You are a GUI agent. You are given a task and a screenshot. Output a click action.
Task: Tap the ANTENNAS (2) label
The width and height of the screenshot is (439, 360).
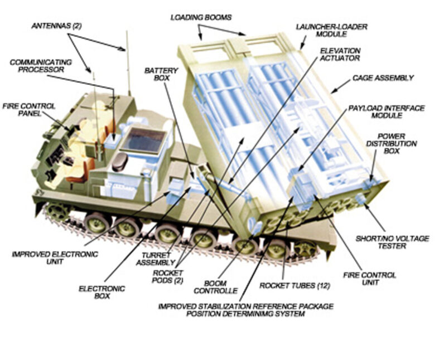pos(55,26)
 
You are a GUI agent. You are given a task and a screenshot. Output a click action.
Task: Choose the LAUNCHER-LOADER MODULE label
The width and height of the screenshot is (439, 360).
pos(327,30)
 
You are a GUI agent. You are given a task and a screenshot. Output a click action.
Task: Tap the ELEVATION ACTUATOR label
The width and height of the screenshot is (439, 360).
pos(340,53)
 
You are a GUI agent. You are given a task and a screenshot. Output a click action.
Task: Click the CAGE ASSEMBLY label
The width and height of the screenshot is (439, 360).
pos(383,78)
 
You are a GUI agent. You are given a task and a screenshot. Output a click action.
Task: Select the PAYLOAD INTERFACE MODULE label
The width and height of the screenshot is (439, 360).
pos(387,111)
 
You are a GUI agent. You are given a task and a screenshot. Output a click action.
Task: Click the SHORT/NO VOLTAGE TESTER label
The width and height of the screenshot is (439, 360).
pos(393,242)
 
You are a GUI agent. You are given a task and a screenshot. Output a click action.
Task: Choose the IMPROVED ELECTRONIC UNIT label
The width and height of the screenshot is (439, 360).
pos(55,257)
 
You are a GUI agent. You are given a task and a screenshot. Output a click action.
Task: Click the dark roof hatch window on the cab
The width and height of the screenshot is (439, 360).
pos(143,140)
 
